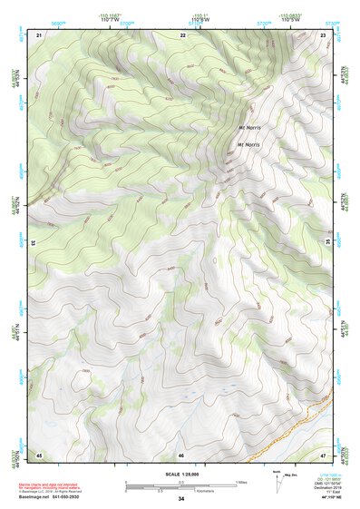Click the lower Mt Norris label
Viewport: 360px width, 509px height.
[249, 144]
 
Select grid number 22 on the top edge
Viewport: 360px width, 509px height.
[182, 34]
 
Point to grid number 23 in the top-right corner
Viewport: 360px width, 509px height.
[324, 34]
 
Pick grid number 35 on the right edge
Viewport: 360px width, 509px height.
[327, 243]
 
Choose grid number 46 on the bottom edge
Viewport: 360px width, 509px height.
[181, 455]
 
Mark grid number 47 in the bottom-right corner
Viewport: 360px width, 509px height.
[324, 454]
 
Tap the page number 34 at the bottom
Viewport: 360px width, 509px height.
[181, 499]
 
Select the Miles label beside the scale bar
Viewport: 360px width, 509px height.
[241, 481]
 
